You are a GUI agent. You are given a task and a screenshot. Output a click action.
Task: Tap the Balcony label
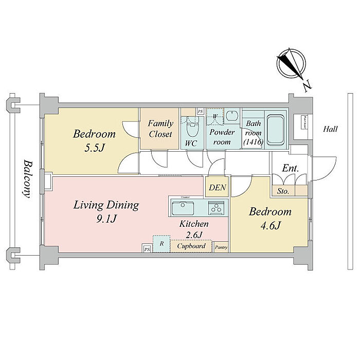pyautogui.click(x=27, y=178)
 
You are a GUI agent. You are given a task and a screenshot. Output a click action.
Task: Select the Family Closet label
pyautogui.click(x=160, y=129)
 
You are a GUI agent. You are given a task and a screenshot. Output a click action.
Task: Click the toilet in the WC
pyautogui.click(x=193, y=123)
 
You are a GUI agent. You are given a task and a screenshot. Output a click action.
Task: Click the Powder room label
pyautogui.click(x=223, y=137)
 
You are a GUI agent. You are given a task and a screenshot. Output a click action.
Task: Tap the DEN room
pyautogui.click(x=217, y=188)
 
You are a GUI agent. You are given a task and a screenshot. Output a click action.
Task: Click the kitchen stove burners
pyautogui.click(x=216, y=208)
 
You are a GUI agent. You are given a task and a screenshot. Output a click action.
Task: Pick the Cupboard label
pyautogui.click(x=191, y=246)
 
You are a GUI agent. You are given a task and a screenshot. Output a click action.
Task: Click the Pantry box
pyautogui.click(x=221, y=247)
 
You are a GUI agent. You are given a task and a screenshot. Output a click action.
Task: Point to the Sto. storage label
pyautogui.click(x=283, y=191)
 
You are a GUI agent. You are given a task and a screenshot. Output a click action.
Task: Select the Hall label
pyautogui.click(x=330, y=129)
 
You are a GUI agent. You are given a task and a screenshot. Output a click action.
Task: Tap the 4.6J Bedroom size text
pyautogui.click(x=270, y=225)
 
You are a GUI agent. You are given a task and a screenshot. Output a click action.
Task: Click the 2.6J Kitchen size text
pyautogui.click(x=193, y=236)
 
